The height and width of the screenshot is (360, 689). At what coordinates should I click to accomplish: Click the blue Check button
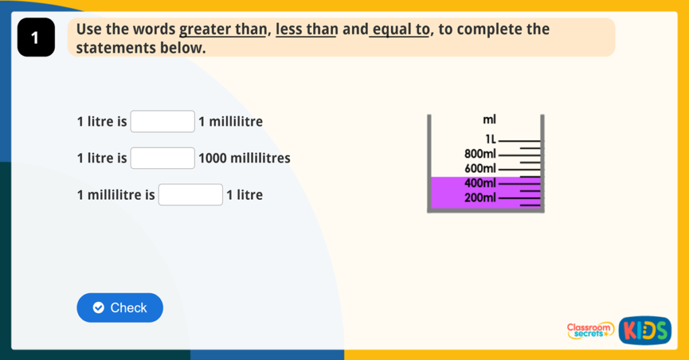click(x=120, y=308)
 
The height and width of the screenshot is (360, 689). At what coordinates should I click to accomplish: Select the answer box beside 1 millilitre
click(x=163, y=121)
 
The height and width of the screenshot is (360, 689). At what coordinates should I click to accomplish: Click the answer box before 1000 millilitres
click(x=163, y=158)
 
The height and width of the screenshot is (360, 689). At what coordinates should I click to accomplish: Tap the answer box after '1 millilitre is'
click(x=190, y=194)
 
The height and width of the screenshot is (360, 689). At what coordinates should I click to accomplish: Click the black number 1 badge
click(x=36, y=38)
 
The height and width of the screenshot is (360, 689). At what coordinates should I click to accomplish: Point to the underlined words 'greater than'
click(x=223, y=30)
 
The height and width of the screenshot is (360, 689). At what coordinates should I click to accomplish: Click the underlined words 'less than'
click(x=307, y=30)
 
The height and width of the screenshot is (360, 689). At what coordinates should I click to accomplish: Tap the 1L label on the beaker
click(x=491, y=139)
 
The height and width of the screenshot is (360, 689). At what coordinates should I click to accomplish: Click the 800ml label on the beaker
click(x=480, y=154)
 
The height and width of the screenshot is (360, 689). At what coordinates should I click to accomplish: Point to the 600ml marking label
click(x=480, y=168)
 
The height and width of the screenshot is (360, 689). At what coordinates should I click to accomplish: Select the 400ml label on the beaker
click(x=480, y=183)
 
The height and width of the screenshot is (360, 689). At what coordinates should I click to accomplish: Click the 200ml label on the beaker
click(x=480, y=198)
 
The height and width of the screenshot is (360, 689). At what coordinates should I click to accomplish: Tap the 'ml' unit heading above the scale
click(x=489, y=119)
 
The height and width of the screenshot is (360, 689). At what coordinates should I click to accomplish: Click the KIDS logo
click(x=645, y=330)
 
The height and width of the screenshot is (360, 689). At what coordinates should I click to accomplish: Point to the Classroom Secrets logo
click(x=590, y=330)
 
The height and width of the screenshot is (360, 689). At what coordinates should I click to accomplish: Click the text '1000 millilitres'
click(x=244, y=158)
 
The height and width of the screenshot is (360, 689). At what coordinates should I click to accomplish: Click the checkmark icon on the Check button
click(x=98, y=308)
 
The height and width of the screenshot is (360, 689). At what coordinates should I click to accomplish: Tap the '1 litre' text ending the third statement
click(x=244, y=194)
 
